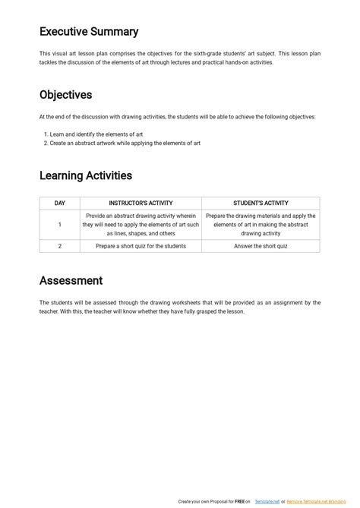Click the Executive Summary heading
[x=89, y=32]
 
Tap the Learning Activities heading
[x=86, y=175]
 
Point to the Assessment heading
[x=71, y=280]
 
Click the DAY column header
[x=59, y=203]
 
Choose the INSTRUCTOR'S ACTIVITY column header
[x=141, y=203]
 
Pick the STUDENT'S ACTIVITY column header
[x=261, y=203]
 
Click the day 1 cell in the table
[x=59, y=225]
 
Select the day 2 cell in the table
[x=59, y=246]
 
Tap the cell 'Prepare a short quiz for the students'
[x=141, y=246]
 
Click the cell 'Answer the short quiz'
[x=261, y=246]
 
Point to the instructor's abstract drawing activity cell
[x=141, y=225]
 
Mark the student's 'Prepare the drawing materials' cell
[x=261, y=225]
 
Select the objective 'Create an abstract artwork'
[x=125, y=143]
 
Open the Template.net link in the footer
[x=267, y=502]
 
